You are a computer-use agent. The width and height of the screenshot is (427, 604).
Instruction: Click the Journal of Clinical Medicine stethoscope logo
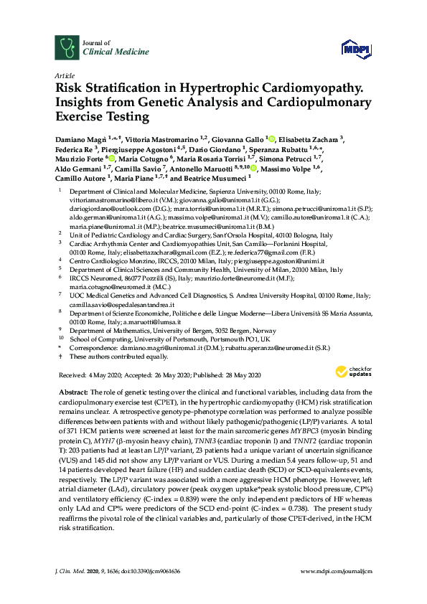click(67, 48)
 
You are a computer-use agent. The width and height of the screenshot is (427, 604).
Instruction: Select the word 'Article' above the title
click(64, 75)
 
